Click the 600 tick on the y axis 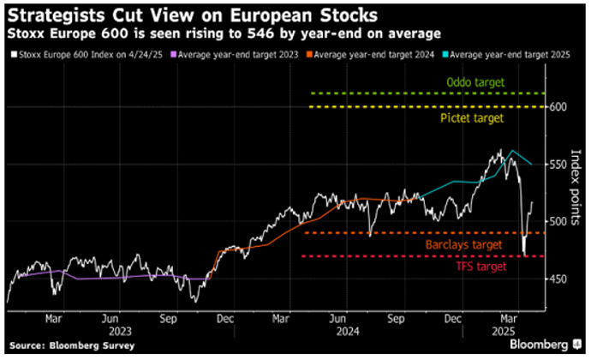(x=558, y=106)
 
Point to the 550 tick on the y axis (x=558, y=164)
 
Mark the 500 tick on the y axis (x=558, y=221)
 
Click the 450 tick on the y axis (x=558, y=279)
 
